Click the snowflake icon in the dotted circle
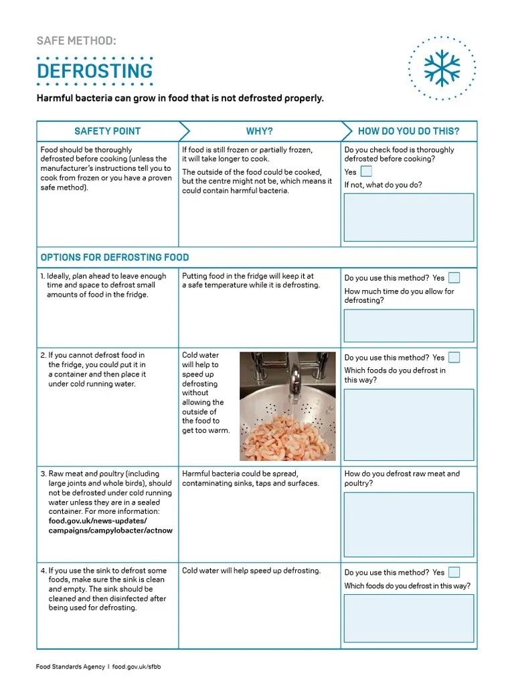442,68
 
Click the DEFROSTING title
94,71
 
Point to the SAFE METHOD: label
76,41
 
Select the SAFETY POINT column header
107,131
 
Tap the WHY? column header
259,131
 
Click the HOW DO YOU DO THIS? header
408,131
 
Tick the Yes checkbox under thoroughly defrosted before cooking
366,171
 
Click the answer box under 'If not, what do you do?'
408,217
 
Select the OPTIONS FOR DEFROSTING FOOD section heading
114,257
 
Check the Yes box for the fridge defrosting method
454,277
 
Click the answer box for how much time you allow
408,326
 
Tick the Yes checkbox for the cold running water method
454,357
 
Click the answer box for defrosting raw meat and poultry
408,525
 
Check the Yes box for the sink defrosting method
454,572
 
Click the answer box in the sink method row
408,618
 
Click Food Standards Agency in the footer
70,667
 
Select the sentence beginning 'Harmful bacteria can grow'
180,98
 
